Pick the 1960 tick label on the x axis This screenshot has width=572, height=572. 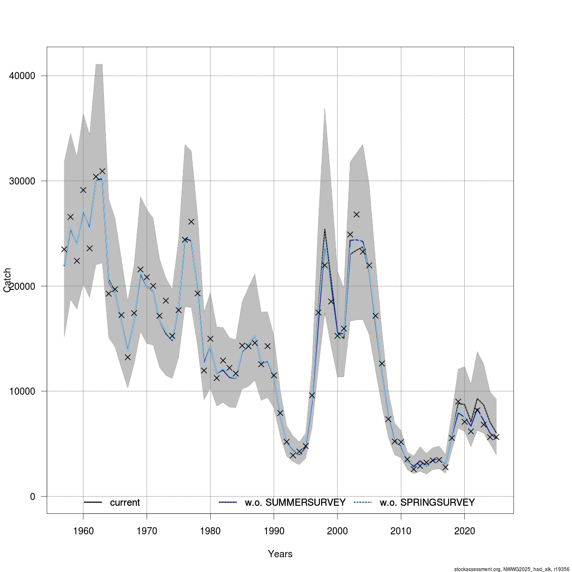[83, 531]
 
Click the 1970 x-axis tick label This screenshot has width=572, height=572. [147, 531]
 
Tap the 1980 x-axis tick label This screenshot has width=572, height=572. [210, 531]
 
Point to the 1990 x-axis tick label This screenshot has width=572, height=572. [274, 531]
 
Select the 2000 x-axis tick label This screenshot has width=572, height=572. [337, 531]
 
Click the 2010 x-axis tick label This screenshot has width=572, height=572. [401, 531]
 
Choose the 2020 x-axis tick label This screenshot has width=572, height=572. [464, 531]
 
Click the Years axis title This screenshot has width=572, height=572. [280, 554]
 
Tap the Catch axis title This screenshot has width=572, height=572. [8, 280]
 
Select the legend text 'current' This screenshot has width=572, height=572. [125, 503]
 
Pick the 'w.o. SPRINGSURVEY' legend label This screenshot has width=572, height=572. [427, 503]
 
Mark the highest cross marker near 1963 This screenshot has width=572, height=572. [102, 171]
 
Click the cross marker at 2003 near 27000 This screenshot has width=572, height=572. [357, 214]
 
